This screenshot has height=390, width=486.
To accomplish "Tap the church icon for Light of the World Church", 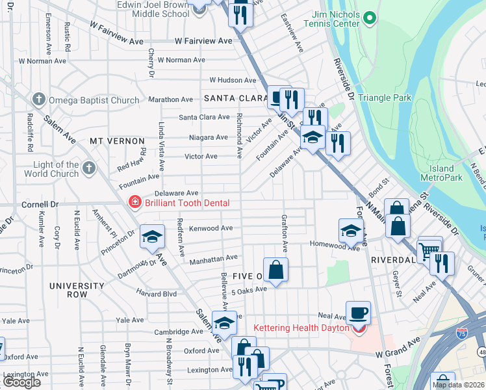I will coord(88,169).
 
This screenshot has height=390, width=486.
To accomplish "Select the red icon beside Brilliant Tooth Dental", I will coord(134,203).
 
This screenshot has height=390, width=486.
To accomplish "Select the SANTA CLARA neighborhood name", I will coord(232,98).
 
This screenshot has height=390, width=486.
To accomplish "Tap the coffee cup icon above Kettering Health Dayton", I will coord(358,313).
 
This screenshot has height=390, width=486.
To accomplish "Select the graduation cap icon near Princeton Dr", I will coord(152,237).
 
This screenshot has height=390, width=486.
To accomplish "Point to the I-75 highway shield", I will coord(461,333).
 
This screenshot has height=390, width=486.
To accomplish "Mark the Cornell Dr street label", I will coord(39,203).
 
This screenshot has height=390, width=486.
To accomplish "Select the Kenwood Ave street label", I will coord(210,228).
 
